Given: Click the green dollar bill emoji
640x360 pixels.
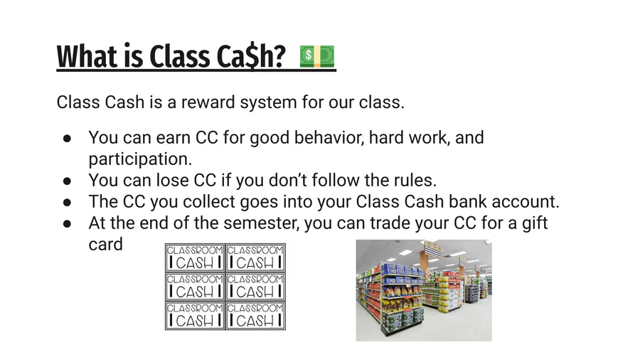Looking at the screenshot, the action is (x=317, y=56).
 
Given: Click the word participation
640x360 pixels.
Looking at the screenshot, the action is (x=140, y=159).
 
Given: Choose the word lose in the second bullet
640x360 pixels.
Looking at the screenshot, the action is (x=172, y=180).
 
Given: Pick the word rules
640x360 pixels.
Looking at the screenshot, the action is (x=415, y=180).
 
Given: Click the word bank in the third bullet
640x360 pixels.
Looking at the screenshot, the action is (x=467, y=201).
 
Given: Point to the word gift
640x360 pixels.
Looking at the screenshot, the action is (x=535, y=223).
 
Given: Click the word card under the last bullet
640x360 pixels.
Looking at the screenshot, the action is (x=105, y=245).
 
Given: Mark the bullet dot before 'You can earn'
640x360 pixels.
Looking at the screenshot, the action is (x=67, y=138).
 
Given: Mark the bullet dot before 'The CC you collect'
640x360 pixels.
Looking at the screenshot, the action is (x=67, y=203).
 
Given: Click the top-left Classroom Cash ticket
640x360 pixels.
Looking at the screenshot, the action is (x=195, y=258).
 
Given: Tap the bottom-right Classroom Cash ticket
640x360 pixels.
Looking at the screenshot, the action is (x=255, y=315).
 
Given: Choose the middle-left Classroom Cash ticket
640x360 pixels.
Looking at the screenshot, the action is (x=195, y=287).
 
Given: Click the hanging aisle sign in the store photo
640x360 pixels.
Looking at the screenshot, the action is (x=434, y=248).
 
